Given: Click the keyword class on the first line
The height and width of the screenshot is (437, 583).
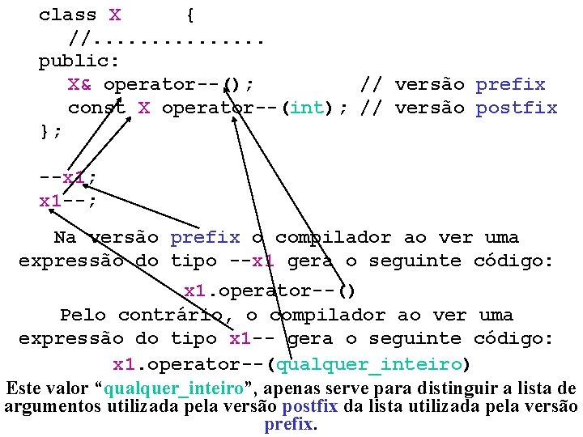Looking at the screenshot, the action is tap(68, 15).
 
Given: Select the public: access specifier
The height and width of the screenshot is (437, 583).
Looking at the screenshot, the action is tap(79, 61).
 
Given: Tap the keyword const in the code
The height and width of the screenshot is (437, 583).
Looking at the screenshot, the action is tap(97, 108).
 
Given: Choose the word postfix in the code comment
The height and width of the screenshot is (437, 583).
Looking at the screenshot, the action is tap(517, 108).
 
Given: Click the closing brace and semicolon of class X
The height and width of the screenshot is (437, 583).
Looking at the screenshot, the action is tap(50, 130).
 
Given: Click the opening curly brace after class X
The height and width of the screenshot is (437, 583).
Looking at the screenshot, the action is tap(189, 15).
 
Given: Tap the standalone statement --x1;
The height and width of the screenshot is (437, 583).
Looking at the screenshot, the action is tap(68, 177).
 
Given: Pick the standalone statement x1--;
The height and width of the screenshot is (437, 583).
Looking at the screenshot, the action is tap(68, 201).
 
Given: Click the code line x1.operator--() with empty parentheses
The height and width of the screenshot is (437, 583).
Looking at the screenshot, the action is tap(270, 290).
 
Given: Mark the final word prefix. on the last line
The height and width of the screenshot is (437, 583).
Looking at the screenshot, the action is tap(291, 424).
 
